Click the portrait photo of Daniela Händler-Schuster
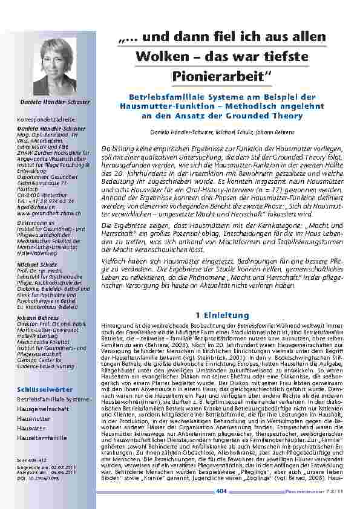54,66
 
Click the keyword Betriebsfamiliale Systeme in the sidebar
53,400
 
